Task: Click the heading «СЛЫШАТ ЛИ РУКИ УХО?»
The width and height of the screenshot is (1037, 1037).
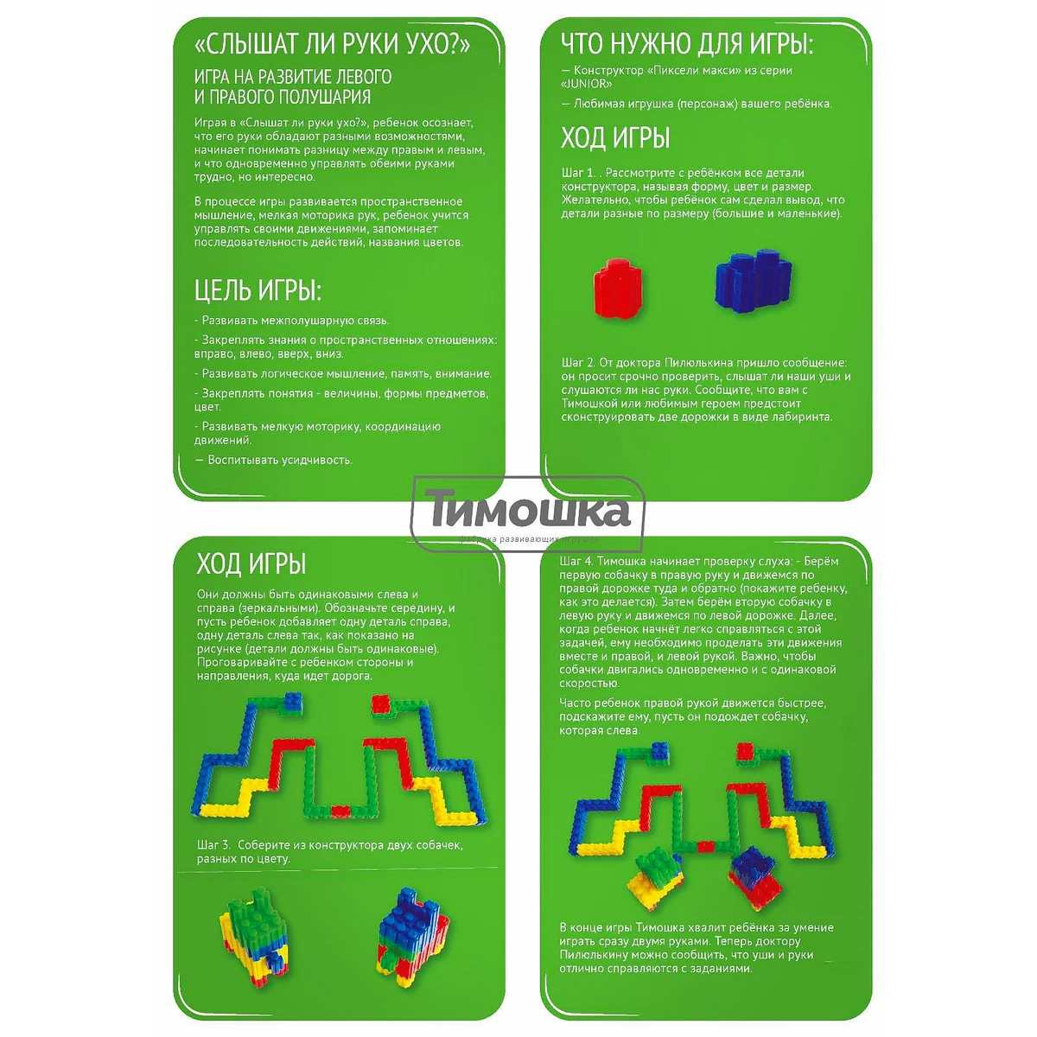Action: point(332,45)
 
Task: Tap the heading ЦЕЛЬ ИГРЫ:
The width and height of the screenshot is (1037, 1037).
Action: point(258,290)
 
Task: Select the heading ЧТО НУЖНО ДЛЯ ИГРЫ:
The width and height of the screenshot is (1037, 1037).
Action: point(687,44)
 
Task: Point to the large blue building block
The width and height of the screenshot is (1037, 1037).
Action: point(754,281)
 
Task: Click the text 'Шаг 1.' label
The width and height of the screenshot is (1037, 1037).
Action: point(578,173)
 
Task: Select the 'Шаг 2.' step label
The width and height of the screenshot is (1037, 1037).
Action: point(578,363)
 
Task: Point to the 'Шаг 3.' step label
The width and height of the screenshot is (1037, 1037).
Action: point(214,845)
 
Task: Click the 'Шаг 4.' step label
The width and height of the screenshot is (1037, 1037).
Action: point(576,562)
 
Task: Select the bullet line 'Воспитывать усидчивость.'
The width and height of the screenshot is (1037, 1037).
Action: point(273,460)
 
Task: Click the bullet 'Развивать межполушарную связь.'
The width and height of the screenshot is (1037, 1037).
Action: point(292,321)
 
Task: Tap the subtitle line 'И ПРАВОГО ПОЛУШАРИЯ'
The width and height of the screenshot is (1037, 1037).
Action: point(283,97)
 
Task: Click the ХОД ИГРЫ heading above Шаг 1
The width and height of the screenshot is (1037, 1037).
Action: point(615,138)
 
